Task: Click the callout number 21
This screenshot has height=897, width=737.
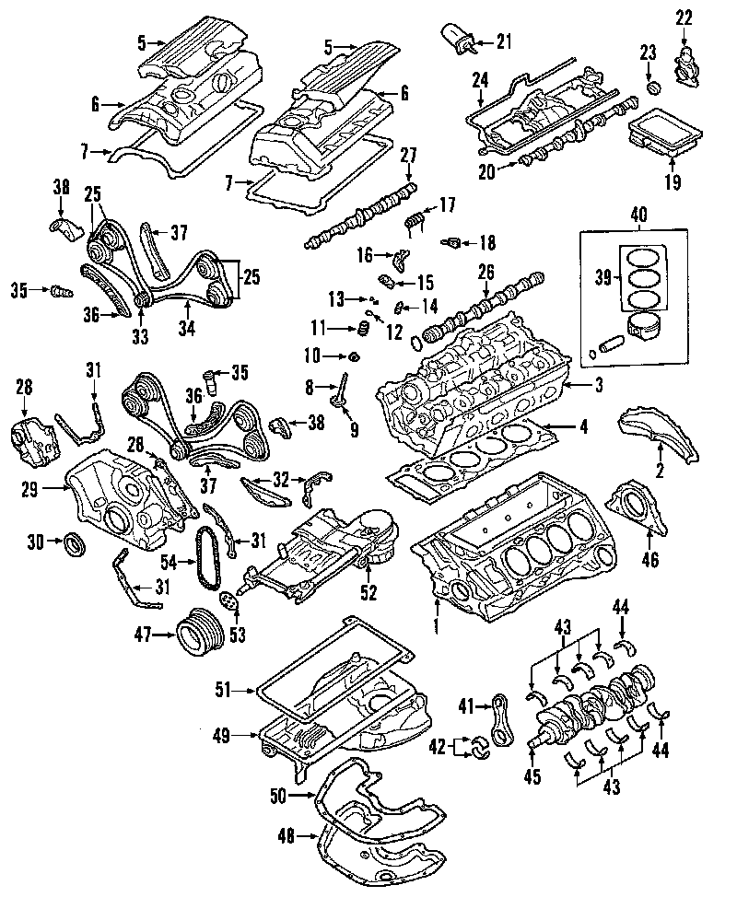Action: pyautogui.click(x=504, y=41)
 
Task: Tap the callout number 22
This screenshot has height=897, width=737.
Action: pyautogui.click(x=684, y=17)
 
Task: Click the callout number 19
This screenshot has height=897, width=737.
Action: pyautogui.click(x=673, y=182)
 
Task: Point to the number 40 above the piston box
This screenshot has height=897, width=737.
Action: pyautogui.click(x=638, y=215)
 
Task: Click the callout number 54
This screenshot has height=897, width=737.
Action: pyautogui.click(x=170, y=563)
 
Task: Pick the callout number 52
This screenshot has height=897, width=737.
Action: pyautogui.click(x=369, y=593)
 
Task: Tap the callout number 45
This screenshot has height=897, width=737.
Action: pyautogui.click(x=532, y=777)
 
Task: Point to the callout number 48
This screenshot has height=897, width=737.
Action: pyautogui.click(x=287, y=836)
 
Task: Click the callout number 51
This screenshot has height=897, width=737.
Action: pyautogui.click(x=224, y=690)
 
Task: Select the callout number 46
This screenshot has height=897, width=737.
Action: pyautogui.click(x=650, y=558)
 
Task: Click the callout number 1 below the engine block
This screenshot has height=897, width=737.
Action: pyautogui.click(x=436, y=625)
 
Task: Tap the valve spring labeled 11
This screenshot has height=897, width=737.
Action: pyautogui.click(x=362, y=329)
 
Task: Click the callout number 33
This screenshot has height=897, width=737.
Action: pyautogui.click(x=140, y=337)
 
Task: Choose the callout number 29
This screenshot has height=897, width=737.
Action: pyautogui.click(x=29, y=489)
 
